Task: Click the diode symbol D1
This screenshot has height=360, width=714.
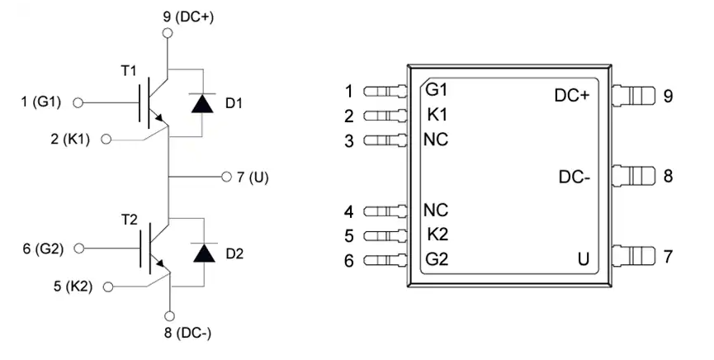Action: [x=202, y=103]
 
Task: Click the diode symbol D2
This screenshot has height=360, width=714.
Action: [x=204, y=253]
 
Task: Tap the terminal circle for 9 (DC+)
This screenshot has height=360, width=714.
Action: [x=168, y=33]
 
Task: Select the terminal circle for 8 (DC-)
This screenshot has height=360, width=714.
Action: [x=169, y=316]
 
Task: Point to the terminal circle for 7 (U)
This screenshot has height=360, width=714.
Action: [x=226, y=177]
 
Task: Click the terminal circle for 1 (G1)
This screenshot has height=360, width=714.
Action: [x=78, y=103]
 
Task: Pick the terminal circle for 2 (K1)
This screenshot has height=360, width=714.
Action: [x=106, y=140]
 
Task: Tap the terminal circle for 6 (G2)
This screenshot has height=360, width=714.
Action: [x=79, y=249]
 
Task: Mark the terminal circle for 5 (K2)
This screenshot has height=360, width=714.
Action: [x=108, y=287]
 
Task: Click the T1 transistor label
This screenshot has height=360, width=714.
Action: [x=129, y=71]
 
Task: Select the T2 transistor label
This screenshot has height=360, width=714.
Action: [x=130, y=220]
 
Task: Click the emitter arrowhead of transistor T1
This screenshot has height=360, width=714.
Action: [x=159, y=118]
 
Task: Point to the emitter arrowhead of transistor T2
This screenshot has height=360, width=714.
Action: [x=160, y=263]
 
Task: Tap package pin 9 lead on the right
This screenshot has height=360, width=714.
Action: [x=633, y=95]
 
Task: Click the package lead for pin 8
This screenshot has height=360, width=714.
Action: [x=633, y=176]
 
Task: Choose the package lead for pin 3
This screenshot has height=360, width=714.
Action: [x=385, y=140]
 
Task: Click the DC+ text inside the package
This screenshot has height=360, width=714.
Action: [x=571, y=96]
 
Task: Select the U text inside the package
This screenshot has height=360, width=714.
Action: [x=584, y=259]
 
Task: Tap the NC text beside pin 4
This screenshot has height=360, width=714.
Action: [x=436, y=211]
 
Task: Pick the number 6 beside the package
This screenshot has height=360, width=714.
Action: [x=349, y=261]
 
